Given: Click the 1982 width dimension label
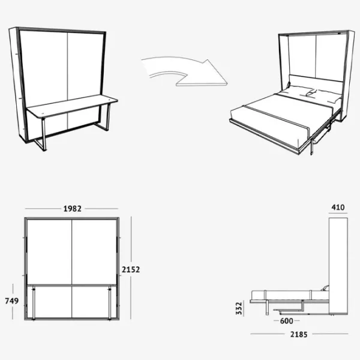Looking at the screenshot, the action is pyautogui.click(x=73, y=209).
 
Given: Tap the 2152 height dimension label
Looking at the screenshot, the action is pyautogui.click(x=131, y=269).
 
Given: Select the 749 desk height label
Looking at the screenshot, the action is pyautogui.click(x=12, y=301).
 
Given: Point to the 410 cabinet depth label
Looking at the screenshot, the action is pyautogui.click(x=338, y=208).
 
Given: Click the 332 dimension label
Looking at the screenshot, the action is pyautogui.click(x=239, y=308).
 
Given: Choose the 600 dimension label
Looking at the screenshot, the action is pyautogui.click(x=287, y=321).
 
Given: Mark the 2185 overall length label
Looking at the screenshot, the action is pyautogui.click(x=299, y=335).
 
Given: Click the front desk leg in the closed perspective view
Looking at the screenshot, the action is pyautogui.click(x=44, y=134).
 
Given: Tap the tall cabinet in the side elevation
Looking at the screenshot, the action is pyautogui.click(x=338, y=266).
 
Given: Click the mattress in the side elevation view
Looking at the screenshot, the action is pyautogui.click(x=290, y=295).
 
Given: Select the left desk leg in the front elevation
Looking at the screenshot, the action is pyautogui.click(x=34, y=302).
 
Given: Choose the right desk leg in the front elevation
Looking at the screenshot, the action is pyautogui.click(x=110, y=302).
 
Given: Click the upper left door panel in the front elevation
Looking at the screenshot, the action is pyautogui.click(x=49, y=252).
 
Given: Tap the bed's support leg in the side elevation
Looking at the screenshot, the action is pyautogui.click(x=267, y=307).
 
